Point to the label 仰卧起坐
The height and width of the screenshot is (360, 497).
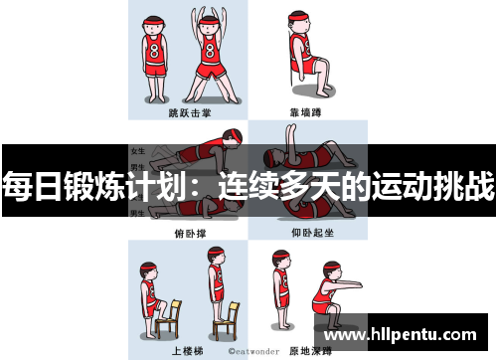(x=308, y=233)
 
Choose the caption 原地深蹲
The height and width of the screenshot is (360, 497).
(x=308, y=351)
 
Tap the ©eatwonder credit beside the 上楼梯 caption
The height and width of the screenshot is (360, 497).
(x=250, y=351)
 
